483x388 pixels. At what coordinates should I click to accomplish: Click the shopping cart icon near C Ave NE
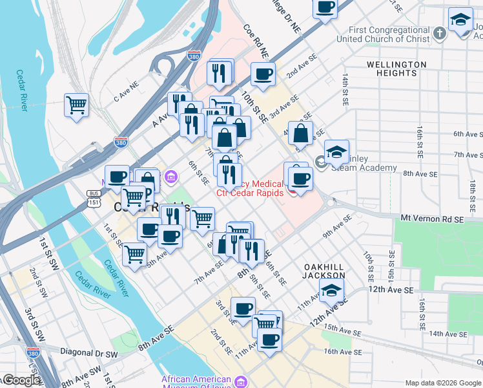click(x=77, y=105)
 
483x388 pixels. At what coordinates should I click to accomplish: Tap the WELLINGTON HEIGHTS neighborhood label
click(x=396, y=69)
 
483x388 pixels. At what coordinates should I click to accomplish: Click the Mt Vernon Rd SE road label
click(x=432, y=220)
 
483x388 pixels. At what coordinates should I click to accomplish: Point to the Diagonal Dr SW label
click(x=89, y=354)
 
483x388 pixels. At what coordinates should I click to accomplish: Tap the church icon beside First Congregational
click(x=439, y=34)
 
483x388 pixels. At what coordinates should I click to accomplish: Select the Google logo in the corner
click(x=21, y=381)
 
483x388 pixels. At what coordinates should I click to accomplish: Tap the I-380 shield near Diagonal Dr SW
click(x=34, y=353)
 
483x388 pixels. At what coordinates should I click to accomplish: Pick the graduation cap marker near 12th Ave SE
click(x=332, y=292)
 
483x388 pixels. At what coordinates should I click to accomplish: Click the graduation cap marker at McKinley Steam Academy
click(x=336, y=152)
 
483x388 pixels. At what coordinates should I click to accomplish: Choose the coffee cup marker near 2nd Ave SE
click(x=263, y=75)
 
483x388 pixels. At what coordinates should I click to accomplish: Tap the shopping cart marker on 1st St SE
click(x=134, y=255)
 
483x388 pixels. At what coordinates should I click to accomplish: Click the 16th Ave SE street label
click(x=342, y=351)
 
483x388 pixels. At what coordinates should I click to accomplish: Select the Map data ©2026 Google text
click(x=442, y=383)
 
